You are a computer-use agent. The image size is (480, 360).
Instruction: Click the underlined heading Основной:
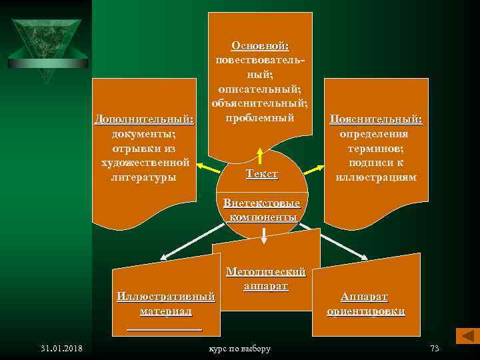tap(260, 45)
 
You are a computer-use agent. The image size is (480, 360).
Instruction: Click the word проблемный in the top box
tap(260, 118)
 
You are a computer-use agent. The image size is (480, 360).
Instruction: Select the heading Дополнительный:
tap(144, 120)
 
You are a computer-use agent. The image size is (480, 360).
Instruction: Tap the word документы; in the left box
tap(144, 134)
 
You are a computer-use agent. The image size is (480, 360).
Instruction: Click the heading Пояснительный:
tap(377, 119)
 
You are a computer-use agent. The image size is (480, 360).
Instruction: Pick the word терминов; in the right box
tap(377, 149)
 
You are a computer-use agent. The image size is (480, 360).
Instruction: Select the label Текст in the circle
tap(261, 174)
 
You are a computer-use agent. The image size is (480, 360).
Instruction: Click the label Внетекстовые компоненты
tap(262, 210)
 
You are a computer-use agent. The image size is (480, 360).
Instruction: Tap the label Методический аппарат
tap(266, 279)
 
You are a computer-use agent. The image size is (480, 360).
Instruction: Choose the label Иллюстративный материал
tap(165, 304)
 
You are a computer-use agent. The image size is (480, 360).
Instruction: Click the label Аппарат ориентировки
tap(365, 304)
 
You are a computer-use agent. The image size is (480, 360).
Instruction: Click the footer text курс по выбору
tap(239, 349)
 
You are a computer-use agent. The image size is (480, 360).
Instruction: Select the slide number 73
tap(435, 349)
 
